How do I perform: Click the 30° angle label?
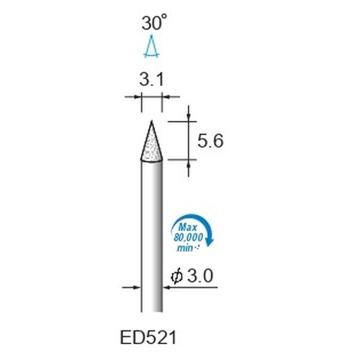154,22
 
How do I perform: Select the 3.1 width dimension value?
152,79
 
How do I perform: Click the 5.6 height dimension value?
210,140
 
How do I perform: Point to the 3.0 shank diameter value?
200,276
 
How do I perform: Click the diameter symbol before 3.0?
176,276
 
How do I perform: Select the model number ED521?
148,338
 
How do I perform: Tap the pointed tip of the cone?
151,121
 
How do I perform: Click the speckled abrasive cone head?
151,146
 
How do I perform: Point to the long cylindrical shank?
152,236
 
